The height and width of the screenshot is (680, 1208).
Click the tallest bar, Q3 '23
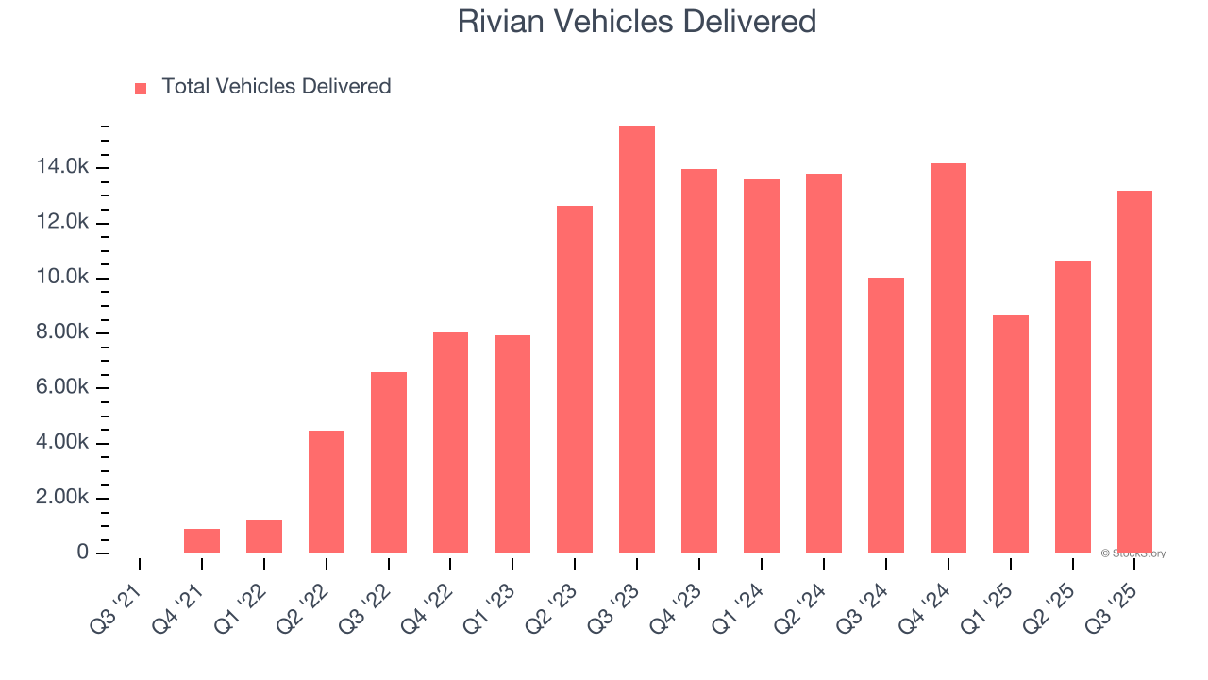(x=637, y=340)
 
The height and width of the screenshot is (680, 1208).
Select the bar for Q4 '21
(x=202, y=541)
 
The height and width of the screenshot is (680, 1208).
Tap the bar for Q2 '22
(x=327, y=492)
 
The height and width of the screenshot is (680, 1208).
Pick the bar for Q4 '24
(x=948, y=359)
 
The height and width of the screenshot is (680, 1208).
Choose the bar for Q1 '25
(x=1010, y=434)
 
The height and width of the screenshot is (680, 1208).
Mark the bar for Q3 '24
(x=885, y=416)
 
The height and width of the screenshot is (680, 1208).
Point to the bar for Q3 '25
(x=1134, y=372)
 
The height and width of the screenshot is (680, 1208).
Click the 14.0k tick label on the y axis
(x=62, y=168)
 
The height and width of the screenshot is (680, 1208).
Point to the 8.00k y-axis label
(x=62, y=333)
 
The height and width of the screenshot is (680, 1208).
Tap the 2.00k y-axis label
(x=62, y=499)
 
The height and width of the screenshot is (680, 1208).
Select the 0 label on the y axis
(x=83, y=552)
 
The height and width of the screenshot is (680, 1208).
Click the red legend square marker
(x=141, y=88)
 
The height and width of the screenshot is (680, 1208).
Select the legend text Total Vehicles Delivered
(x=276, y=87)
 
